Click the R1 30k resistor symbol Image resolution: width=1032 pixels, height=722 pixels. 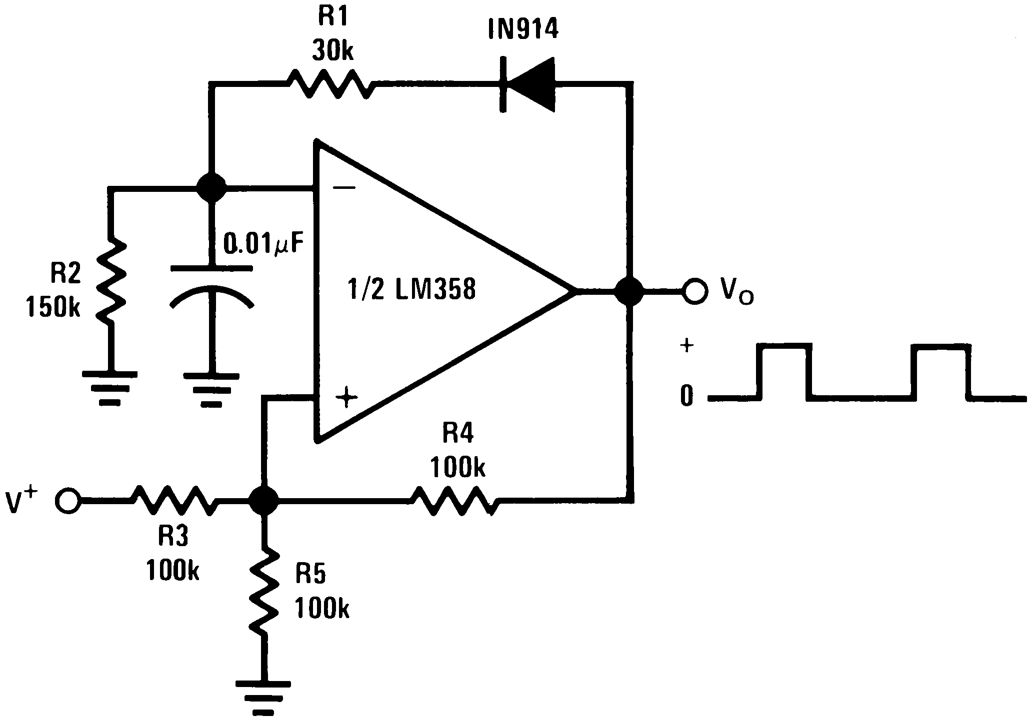(x=330, y=84)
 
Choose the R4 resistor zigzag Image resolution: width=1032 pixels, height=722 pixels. (x=454, y=500)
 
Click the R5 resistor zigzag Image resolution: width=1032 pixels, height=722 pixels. (x=264, y=590)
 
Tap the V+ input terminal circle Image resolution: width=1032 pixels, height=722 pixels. (x=68, y=500)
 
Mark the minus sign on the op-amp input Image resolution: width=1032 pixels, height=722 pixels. (x=344, y=188)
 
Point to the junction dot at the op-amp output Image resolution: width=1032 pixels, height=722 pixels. (x=629, y=291)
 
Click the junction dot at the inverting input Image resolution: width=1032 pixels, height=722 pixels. (x=211, y=188)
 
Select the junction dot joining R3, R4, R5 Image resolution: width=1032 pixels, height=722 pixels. (x=264, y=500)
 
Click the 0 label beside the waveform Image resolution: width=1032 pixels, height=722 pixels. (x=687, y=397)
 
